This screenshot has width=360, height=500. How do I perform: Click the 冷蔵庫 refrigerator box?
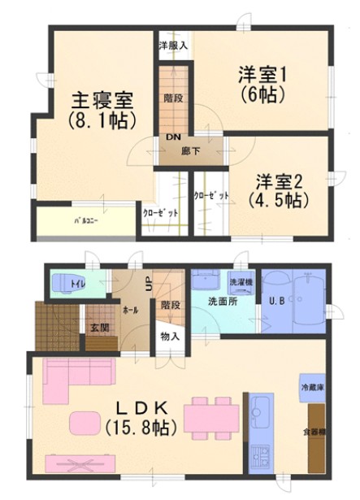click(313, 388)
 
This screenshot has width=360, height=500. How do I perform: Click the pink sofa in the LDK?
click(73, 376)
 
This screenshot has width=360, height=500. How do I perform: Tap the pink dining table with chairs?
click(210, 415)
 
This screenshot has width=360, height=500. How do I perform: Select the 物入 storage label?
click(171, 334)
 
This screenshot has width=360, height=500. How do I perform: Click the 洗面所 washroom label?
click(222, 302)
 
